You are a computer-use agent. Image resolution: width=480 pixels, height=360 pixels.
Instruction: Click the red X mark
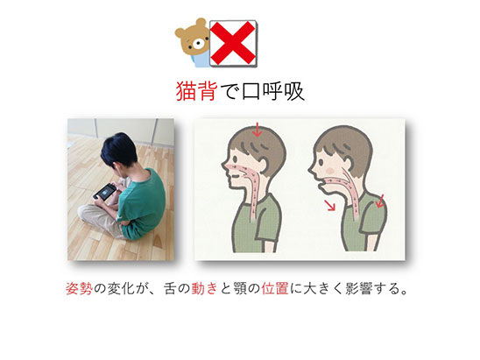(x=233, y=43)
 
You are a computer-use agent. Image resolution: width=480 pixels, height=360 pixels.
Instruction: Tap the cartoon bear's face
(x=193, y=39)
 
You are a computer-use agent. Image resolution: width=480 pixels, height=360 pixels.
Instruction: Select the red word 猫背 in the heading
(x=196, y=91)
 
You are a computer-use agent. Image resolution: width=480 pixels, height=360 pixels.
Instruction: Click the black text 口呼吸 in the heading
(x=272, y=91)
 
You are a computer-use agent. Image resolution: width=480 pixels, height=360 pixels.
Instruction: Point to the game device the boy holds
(x=105, y=192)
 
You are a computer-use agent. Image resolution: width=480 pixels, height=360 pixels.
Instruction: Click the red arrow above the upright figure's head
(x=258, y=130)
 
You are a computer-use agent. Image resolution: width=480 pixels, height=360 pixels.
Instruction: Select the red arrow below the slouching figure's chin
(x=329, y=205)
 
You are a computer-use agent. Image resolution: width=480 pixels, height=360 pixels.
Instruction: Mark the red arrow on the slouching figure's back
(x=380, y=201)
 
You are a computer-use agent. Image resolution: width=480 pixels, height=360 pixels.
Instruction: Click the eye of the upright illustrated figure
(x=235, y=159)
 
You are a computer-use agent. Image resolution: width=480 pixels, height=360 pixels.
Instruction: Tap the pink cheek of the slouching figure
(x=330, y=170)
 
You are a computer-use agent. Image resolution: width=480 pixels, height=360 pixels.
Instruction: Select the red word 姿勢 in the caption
(x=79, y=288)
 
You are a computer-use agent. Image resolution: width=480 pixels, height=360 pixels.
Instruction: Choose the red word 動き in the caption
(x=204, y=288)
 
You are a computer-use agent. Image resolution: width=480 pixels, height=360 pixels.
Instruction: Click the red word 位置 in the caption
(x=275, y=288)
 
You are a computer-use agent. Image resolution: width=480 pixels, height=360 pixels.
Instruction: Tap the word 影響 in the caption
(x=359, y=288)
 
